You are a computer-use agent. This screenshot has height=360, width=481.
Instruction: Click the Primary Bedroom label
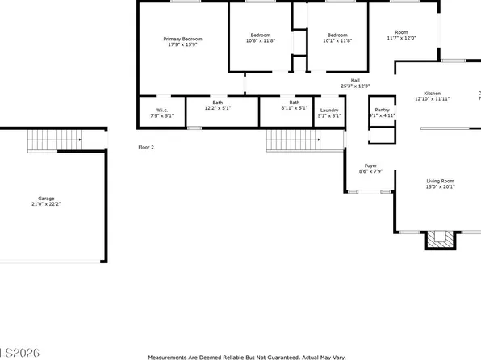pyautogui.click(x=182, y=39)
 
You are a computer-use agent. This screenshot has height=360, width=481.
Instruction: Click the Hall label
pyautogui.click(x=354, y=80)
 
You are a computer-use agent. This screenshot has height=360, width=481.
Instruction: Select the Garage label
pyautogui.click(x=48, y=199)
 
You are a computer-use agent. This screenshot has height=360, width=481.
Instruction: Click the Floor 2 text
pyautogui.click(x=146, y=147)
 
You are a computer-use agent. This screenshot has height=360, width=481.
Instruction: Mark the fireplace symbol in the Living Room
pyautogui.click(x=440, y=238)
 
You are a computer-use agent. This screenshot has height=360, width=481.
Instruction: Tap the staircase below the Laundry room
pyautogui.click(x=294, y=141)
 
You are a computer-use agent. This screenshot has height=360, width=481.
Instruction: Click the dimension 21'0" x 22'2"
pyautogui.click(x=48, y=204)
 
